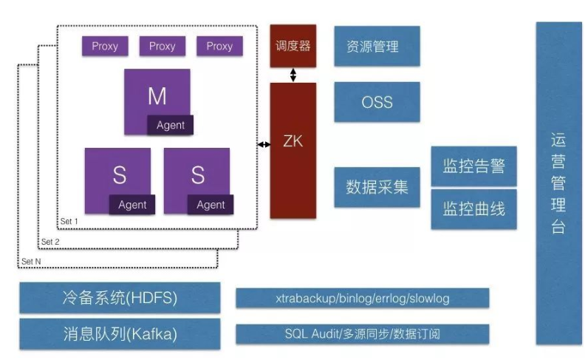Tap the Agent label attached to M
(171, 125)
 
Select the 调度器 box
(293, 46)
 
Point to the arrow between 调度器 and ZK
(293, 75)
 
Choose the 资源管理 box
(377, 47)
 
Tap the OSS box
(377, 102)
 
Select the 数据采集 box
(377, 187)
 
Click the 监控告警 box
(473, 166)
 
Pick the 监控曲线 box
(473, 209)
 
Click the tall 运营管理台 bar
(558, 183)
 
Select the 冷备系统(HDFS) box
(120, 299)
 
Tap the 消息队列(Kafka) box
(120, 334)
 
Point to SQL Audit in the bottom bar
(310, 334)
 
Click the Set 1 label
(69, 221)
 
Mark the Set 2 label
(51, 242)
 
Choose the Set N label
(31, 262)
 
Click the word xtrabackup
(305, 299)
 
